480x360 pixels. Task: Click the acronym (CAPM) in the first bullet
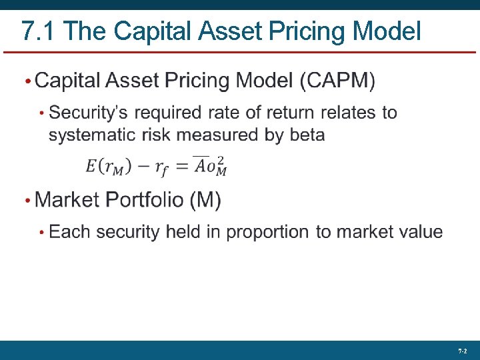[x=337, y=81]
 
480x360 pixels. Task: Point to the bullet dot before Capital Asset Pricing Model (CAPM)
[x=27, y=82]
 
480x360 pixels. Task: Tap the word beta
[x=307, y=135]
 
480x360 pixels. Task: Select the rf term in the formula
[x=161, y=168]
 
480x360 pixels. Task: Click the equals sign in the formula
[x=182, y=167]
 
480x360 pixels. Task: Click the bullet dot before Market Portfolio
[x=27, y=200]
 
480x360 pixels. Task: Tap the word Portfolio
[x=138, y=199]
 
